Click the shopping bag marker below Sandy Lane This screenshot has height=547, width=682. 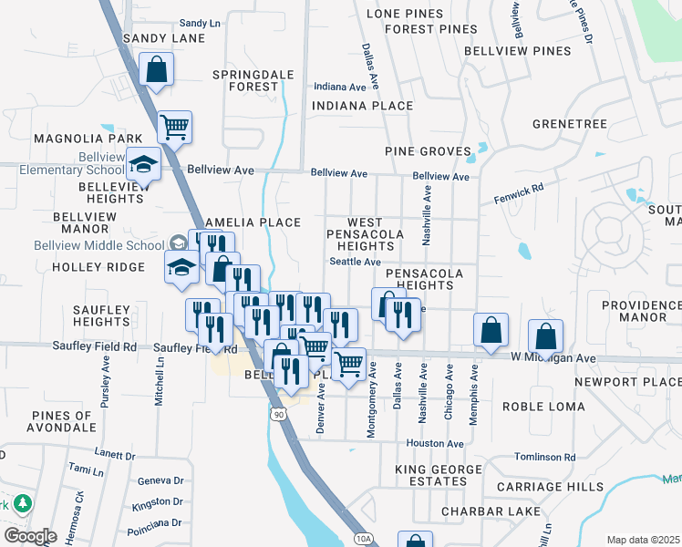(157, 68)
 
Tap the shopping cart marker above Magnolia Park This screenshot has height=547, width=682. (174, 127)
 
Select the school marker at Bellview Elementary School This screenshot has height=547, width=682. (143, 165)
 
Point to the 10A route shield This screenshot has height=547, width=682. (364, 539)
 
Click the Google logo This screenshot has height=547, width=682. (30, 536)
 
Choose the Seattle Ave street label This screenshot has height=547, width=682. (355, 262)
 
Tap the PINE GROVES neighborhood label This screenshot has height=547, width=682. (428, 151)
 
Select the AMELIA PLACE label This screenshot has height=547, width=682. (253, 222)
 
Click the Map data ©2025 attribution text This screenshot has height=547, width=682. (643, 540)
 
